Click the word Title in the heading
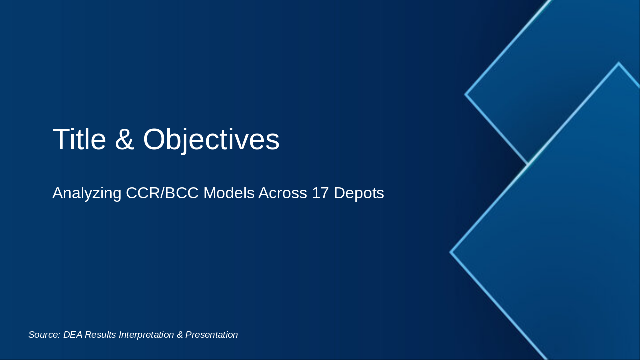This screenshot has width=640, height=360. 79,139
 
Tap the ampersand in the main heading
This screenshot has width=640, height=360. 125,139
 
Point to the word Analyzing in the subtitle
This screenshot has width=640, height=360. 87,193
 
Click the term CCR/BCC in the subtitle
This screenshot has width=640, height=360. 162,193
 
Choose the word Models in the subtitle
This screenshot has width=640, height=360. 229,193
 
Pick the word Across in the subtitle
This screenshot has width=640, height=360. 283,193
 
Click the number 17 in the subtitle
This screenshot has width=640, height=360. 320,193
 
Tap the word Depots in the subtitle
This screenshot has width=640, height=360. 359,194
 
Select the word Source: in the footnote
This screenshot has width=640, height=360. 44,335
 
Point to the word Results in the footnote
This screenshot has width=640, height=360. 100,335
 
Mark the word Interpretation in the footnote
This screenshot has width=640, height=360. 146,335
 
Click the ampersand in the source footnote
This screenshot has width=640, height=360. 179,335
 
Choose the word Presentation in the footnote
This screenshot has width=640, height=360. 211,335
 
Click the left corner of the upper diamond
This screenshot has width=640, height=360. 465,94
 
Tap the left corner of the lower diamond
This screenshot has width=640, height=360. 450,252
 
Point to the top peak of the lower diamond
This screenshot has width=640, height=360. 619,62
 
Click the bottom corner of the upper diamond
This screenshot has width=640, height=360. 527,163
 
